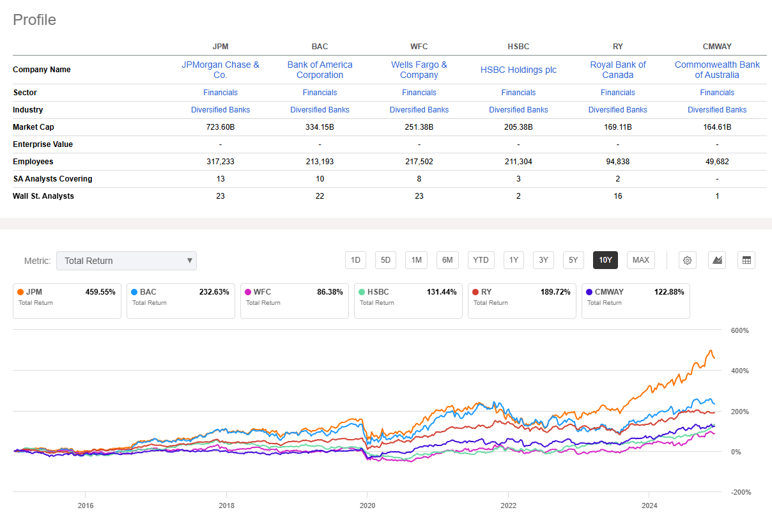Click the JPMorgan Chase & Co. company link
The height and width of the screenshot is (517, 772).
tap(220, 70)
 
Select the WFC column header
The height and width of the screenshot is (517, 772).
tap(419, 47)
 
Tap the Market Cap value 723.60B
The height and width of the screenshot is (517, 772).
tap(220, 127)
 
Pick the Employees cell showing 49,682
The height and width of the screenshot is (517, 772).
tap(717, 162)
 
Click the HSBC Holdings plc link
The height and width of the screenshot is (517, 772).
tap(518, 70)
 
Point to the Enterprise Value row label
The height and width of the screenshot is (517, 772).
tap(43, 144)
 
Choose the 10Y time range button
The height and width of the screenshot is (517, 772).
tap(605, 260)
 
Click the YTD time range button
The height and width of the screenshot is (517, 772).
tap(481, 260)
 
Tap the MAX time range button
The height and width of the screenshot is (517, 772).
tap(640, 260)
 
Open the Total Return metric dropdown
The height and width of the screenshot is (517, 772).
tap(127, 261)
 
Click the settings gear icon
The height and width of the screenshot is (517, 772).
tap(688, 260)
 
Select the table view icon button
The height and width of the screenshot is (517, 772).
tap(746, 260)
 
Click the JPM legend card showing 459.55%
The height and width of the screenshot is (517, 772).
tap(67, 300)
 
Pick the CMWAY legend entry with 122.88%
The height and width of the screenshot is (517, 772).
tap(635, 300)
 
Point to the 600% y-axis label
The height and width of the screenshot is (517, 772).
tap(740, 330)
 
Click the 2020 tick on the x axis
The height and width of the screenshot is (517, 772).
tap(367, 504)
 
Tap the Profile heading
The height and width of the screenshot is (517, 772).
tap(35, 20)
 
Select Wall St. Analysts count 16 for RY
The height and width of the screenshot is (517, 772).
tap(618, 196)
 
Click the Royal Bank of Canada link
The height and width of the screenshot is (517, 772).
tap(618, 70)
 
